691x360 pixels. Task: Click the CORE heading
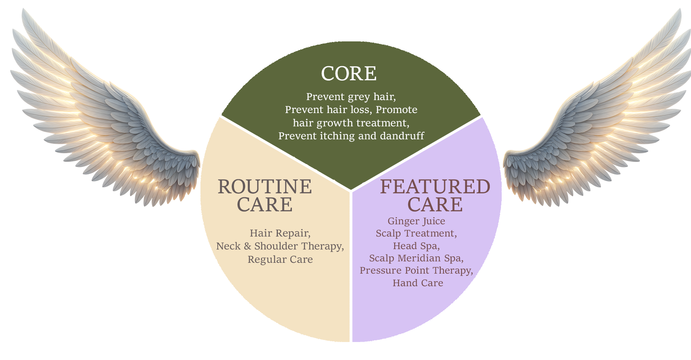[x=349, y=74]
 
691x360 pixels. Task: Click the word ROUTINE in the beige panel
[x=265, y=187]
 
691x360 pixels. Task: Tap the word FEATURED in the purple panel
[x=435, y=187]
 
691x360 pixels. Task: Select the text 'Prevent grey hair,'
[x=351, y=97]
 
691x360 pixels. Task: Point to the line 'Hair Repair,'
[x=280, y=233]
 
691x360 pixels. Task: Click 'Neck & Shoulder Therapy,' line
[x=280, y=246]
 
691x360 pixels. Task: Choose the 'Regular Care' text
[x=280, y=260]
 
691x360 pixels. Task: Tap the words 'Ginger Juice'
[x=416, y=221]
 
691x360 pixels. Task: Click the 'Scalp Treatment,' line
[x=416, y=234]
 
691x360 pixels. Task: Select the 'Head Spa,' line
[x=416, y=246]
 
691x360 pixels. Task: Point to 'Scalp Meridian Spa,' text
[x=416, y=258]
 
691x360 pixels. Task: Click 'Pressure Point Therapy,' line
[x=416, y=271]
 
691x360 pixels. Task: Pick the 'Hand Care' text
[x=418, y=283]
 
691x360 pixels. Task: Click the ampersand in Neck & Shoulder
[x=247, y=246]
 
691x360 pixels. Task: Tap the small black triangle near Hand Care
[x=470, y=284]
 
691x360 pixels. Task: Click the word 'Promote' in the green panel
[x=397, y=110]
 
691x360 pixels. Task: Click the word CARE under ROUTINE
[x=265, y=205]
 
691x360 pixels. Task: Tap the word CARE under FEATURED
[x=435, y=205]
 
